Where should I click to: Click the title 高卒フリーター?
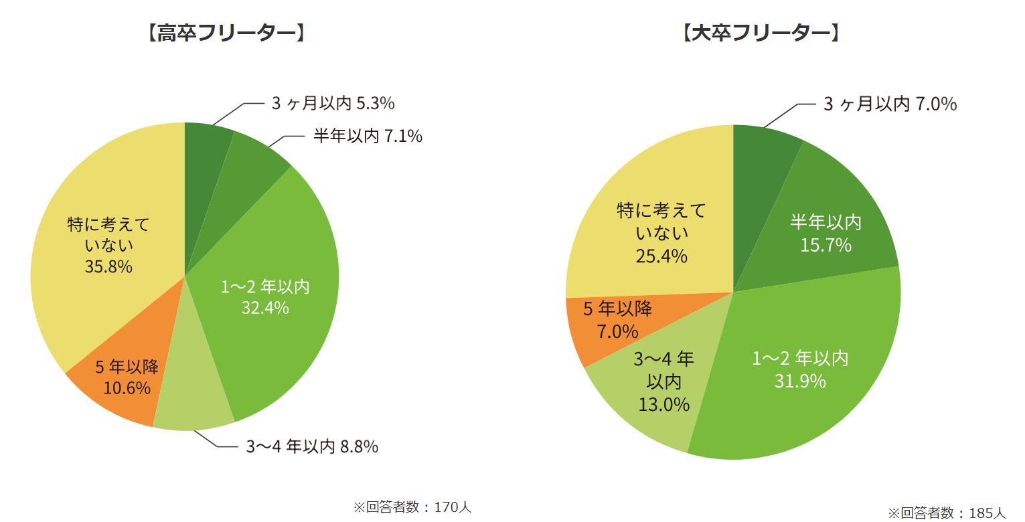coord(226,33)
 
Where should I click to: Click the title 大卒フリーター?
coord(761,33)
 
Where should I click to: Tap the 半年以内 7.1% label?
coord(368,136)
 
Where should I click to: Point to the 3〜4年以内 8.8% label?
coord(312,446)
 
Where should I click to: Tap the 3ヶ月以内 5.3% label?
coord(332,103)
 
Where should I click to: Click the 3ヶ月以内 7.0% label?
coord(889,104)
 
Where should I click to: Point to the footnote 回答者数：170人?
coord(412,507)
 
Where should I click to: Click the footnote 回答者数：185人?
coord(947,513)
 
